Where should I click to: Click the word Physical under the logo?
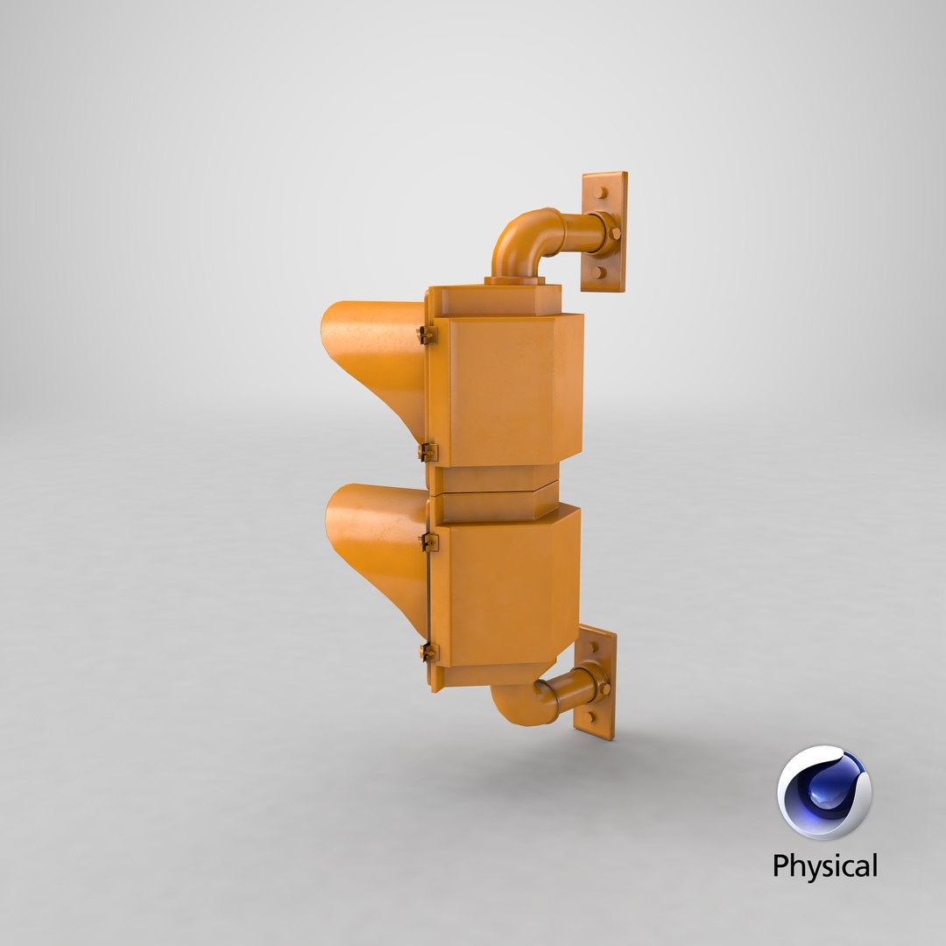pos(824,866)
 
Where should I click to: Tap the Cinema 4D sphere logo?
pos(823,792)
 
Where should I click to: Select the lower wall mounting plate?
pos(596,682)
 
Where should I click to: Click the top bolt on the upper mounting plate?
pos(600,192)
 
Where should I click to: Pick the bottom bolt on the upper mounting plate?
pos(598,272)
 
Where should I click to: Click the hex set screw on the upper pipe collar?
pos(615,233)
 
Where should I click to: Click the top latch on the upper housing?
pos(427,335)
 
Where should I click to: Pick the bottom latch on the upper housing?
pos(427,452)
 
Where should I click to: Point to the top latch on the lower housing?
pos(428,542)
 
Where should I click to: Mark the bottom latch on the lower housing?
pos(427,652)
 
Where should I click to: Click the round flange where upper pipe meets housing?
pos(514,280)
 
